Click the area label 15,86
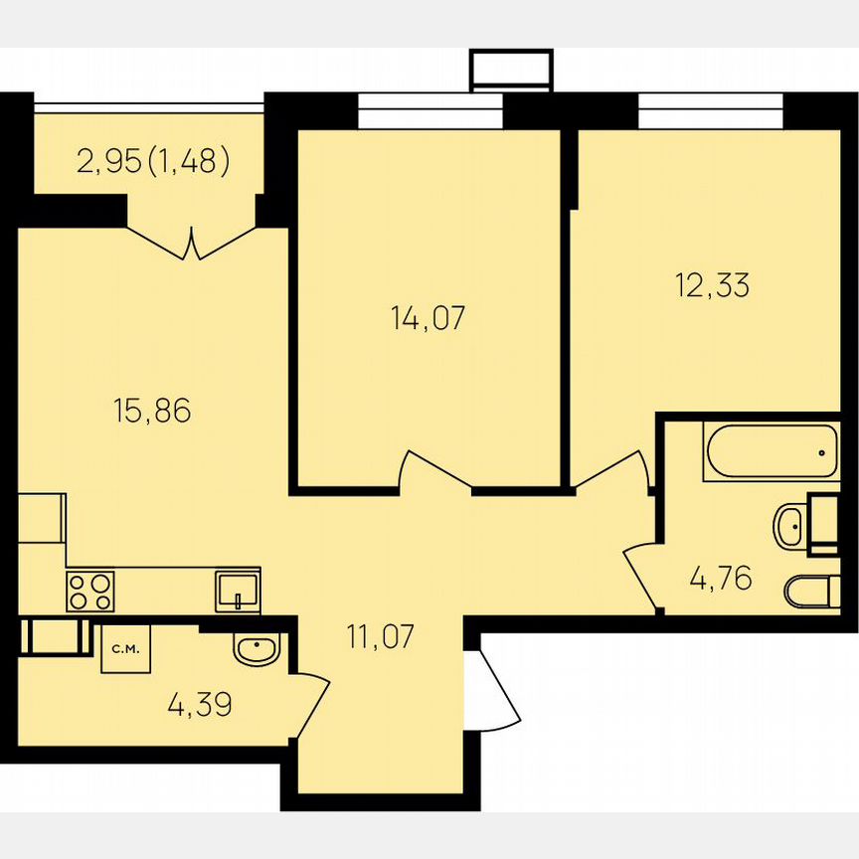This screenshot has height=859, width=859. tap(152, 410)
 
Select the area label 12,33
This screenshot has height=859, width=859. tap(712, 285)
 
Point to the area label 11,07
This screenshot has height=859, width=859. tap(379, 633)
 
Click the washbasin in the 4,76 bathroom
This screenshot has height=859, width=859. tap(792, 524)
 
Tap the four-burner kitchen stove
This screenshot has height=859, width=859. tap(89, 592)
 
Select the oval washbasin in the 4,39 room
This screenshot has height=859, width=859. tap(258, 650)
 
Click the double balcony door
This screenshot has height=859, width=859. tap(192, 242)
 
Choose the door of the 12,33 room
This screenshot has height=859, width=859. tap(612, 471)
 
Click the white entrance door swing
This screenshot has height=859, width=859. tap(494, 690)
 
